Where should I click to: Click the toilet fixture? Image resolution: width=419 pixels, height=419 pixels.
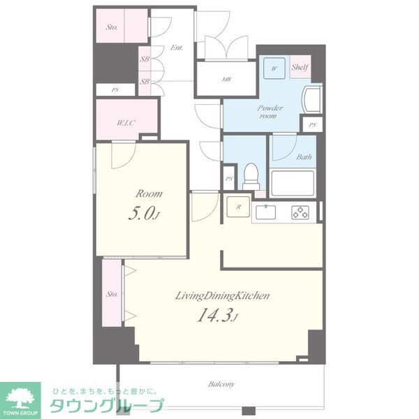tap(250, 174)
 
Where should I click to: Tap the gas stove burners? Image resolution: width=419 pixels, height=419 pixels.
tap(301, 212)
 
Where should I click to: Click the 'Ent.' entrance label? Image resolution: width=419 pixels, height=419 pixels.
tap(177, 48)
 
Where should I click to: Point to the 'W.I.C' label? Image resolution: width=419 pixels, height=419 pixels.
tap(126, 123)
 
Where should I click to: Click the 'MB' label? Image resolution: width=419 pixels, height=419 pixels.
tap(226, 79)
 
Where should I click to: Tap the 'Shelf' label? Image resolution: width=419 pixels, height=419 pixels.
tap(300, 67)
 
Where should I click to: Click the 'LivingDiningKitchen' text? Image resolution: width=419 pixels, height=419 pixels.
tap(222, 296)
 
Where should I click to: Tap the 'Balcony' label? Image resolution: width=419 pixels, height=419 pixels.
tap(221, 384)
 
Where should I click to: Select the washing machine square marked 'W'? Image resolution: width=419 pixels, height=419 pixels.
tap(274, 68)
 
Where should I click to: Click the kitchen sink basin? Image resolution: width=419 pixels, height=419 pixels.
tap(267, 212)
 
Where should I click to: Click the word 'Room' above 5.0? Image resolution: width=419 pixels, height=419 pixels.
tap(149, 193)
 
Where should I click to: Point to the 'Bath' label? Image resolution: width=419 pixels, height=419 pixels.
tap(304, 157)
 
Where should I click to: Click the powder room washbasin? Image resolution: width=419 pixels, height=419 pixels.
tap(313, 101)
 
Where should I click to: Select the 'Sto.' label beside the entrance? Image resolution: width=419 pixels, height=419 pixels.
tap(111, 28)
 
